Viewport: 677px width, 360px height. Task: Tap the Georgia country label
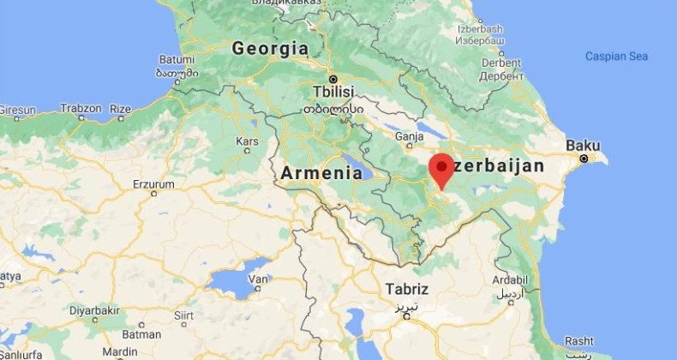point(270,48)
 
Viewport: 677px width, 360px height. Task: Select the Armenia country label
point(321,172)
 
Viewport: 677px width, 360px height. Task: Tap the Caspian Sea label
point(616,57)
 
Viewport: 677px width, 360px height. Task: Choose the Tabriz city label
point(407,289)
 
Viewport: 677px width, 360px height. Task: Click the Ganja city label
point(410,135)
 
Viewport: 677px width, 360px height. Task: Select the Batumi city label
point(172,60)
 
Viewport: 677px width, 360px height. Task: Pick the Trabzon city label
point(81,109)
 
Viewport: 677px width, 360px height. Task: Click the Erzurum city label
point(153,183)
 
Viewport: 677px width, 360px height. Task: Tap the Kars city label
point(247,141)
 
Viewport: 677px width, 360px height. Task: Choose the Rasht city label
point(579,340)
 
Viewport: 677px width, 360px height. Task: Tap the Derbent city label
point(501,63)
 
